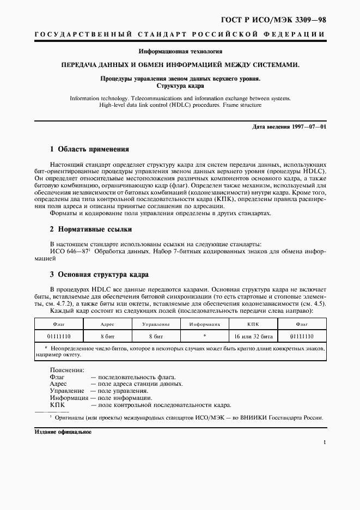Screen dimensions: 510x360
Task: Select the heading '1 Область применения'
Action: point(89,148)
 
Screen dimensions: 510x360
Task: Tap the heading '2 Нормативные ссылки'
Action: point(90,229)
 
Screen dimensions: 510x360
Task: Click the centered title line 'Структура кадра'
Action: point(180,86)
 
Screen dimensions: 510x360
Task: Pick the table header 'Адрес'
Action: point(107,324)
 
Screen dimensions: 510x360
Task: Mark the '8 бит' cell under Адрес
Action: point(107,336)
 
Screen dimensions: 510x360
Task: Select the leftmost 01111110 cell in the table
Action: point(58,336)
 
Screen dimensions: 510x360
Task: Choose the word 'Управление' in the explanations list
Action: point(67,391)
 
